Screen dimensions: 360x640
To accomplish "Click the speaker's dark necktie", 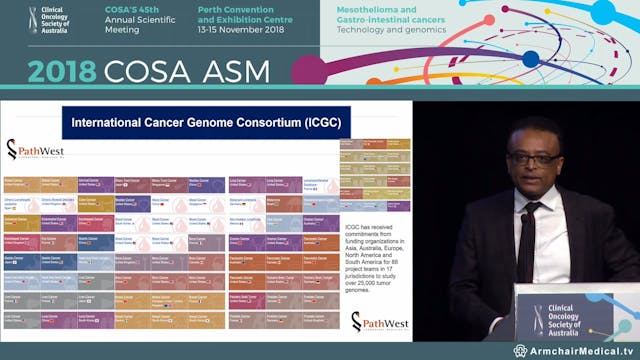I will pyautogui.click(x=526, y=240).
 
